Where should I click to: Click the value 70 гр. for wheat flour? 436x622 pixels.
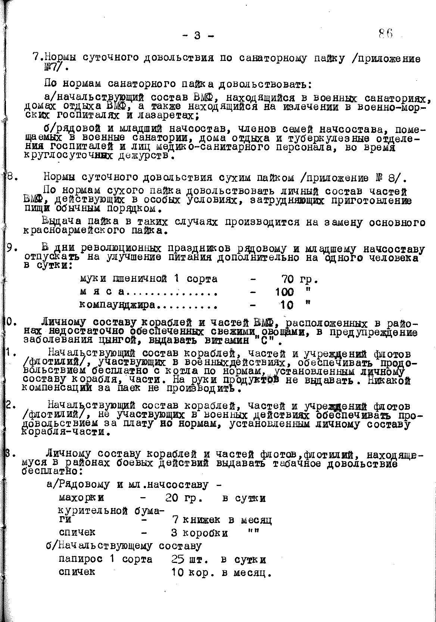tap(299, 279)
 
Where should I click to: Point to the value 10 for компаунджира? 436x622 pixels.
tap(287, 305)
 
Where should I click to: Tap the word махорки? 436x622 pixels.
tap(82, 498)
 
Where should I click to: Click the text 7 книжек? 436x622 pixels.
tap(196, 520)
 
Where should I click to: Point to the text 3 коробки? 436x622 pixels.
tap(199, 533)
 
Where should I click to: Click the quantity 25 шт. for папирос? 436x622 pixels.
tap(189, 560)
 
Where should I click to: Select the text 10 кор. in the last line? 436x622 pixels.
tap(189, 572)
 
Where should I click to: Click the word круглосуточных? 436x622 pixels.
tap(68, 155)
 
